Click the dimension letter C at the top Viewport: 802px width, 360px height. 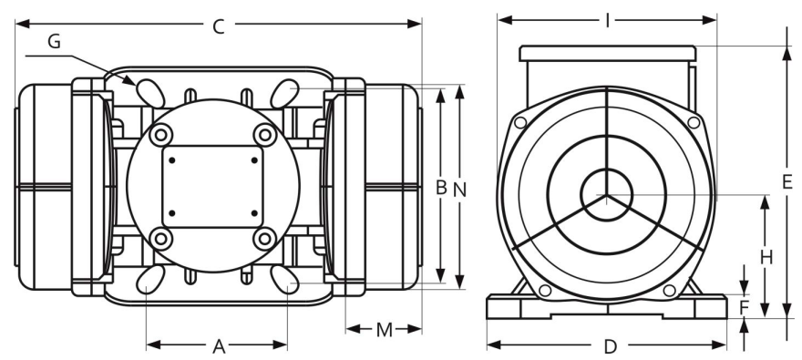pos(218,26)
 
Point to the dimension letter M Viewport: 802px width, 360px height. pos(384,329)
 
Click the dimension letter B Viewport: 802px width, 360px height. pos(440,188)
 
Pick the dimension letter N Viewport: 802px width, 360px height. pos(459,188)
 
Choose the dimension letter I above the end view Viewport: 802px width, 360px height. pos(607,20)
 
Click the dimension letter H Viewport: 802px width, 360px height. pos(766,257)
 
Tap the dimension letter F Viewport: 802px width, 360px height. pos(744,308)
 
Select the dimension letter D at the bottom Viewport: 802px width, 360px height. pos(611,346)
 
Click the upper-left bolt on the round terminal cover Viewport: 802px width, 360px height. pos(161,135)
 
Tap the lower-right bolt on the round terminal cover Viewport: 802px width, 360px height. pos(264,239)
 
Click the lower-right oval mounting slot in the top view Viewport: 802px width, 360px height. pos(285,279)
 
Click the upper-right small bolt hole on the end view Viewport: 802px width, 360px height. pos(694,122)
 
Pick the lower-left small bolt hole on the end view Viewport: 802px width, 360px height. pos(544,290)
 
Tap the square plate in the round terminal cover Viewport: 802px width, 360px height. pos(212,188)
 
